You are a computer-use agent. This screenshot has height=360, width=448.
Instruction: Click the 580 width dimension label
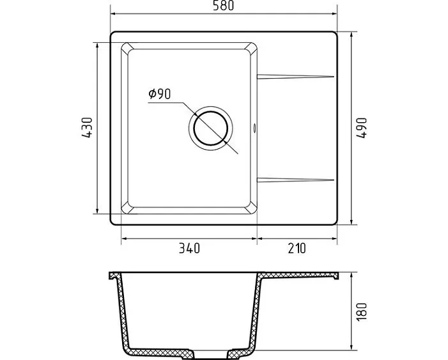(x=223, y=5)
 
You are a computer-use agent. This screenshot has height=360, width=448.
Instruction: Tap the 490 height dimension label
(x=362, y=128)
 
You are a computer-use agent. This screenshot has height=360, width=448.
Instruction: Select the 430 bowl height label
(x=87, y=127)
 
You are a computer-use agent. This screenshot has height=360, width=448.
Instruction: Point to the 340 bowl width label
(x=189, y=248)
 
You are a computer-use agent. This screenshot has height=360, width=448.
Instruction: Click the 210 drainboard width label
(x=297, y=248)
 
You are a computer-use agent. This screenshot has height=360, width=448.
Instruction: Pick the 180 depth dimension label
(x=362, y=311)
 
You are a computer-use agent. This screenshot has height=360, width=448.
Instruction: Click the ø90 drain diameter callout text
(x=159, y=94)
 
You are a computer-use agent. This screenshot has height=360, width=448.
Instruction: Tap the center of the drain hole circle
(x=210, y=128)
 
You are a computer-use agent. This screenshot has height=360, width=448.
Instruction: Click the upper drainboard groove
(x=295, y=76)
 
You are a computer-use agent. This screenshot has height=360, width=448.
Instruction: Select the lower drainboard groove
(x=295, y=180)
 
